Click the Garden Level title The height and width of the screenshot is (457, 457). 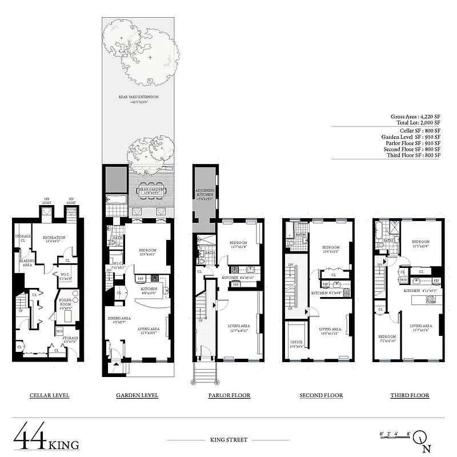pos(137,395)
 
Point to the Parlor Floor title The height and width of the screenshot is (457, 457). pos(228,395)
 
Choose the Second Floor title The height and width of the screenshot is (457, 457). pos(321,395)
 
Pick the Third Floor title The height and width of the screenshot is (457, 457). pos(410,395)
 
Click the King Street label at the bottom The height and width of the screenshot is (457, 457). pos(229,440)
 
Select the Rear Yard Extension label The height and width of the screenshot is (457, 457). pos(137,98)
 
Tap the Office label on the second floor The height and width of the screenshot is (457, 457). pos(297,344)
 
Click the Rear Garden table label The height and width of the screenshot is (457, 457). pos(152,190)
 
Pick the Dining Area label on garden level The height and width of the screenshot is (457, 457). pos(121,320)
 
